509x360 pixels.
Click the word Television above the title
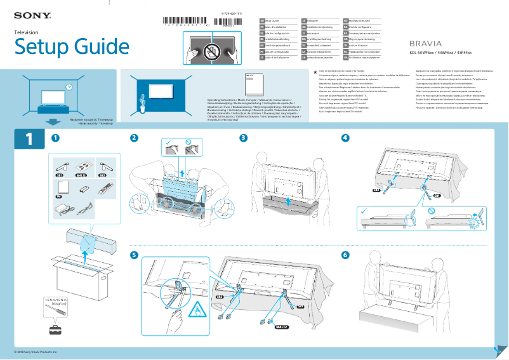[27, 31]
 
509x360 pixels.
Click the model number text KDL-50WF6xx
[423, 53]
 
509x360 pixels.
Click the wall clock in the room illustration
[68, 87]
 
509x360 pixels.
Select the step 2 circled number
[134, 138]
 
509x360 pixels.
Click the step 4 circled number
[345, 138]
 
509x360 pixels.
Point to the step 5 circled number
[134, 255]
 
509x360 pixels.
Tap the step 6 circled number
[345, 255]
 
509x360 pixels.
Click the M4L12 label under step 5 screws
[281, 327]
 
